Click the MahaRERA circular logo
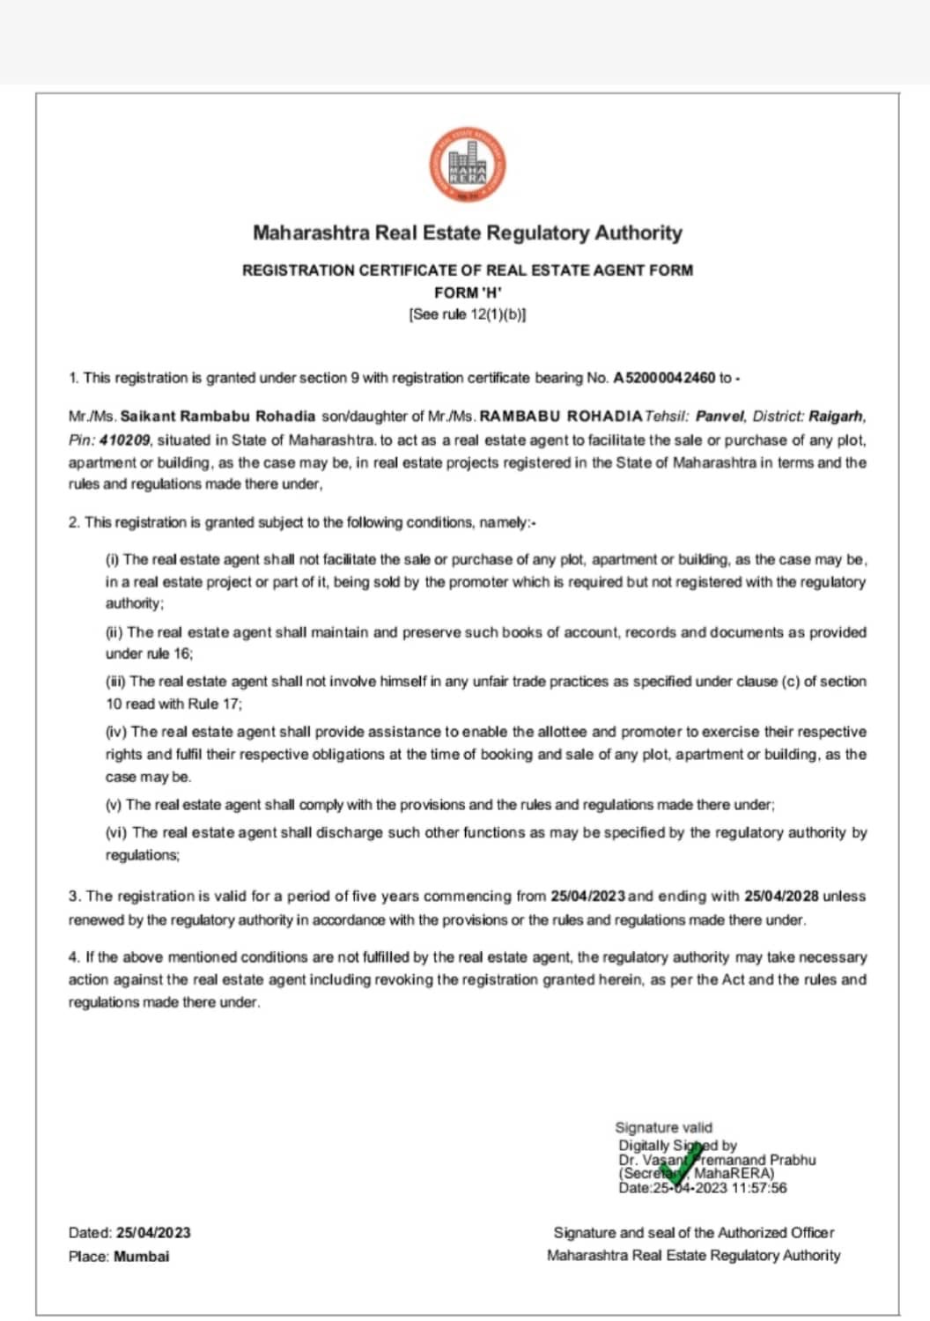[x=468, y=165]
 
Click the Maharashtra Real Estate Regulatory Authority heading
[x=468, y=233]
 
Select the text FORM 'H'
[x=468, y=292]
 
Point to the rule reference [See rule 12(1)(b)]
[x=468, y=314]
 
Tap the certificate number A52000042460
[x=664, y=378]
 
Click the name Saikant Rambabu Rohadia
[x=218, y=416]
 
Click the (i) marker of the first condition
[x=113, y=559]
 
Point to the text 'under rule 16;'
[x=150, y=653]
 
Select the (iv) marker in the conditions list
[x=116, y=732]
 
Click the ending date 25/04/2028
[x=781, y=897]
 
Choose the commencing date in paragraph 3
[x=588, y=897]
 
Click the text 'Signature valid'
[x=663, y=1127]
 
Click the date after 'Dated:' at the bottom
[x=153, y=1233]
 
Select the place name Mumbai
[x=142, y=1257]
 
